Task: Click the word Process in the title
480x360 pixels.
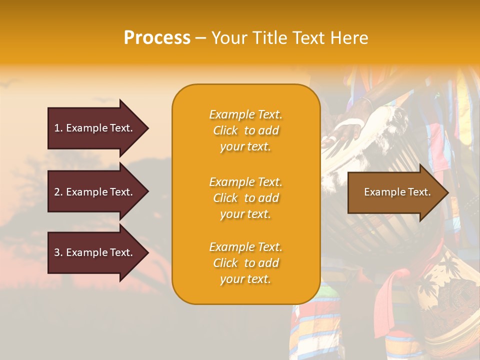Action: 157,38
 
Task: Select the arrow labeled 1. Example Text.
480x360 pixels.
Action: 95,128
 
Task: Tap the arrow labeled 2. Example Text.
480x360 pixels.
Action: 95,192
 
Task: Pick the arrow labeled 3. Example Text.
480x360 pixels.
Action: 95,252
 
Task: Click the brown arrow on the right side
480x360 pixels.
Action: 395,192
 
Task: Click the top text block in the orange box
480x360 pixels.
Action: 245,130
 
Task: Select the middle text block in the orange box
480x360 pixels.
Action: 245,198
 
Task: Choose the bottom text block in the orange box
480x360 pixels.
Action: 245,263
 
